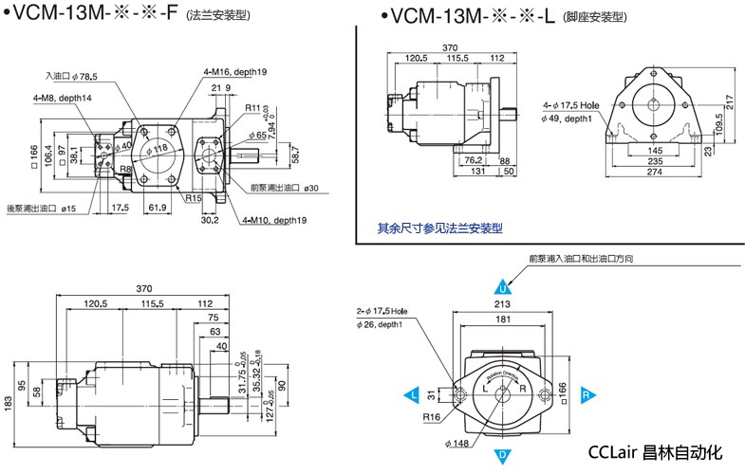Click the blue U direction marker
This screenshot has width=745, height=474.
tap(503, 287)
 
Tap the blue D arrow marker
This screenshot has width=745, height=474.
tap(503, 456)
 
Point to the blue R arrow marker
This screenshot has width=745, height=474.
tap(587, 392)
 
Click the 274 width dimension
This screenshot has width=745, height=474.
tap(655, 172)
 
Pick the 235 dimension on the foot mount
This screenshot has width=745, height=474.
tap(655, 161)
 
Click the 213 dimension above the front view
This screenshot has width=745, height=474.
tap(503, 304)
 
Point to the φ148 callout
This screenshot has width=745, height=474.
tap(455, 442)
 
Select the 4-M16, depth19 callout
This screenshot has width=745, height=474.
tap(234, 71)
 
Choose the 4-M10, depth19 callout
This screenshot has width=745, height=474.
tap(274, 220)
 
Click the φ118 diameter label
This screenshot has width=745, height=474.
tap(160, 148)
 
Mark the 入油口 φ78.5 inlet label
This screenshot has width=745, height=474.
tap(72, 76)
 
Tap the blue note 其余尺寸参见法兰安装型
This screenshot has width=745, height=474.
tap(439, 228)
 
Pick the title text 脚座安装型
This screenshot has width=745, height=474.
tap(595, 16)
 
